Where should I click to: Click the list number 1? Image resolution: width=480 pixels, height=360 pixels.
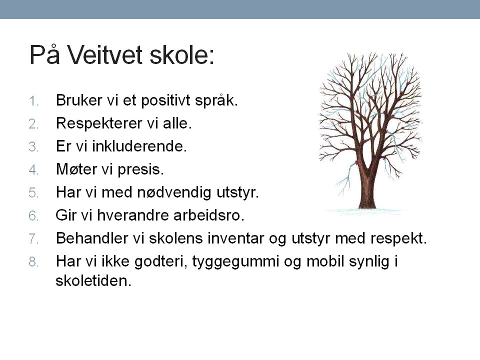[x=33, y=101]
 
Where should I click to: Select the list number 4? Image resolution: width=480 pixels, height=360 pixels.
[x=33, y=170]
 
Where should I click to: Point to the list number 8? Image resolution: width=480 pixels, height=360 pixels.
[x=33, y=262]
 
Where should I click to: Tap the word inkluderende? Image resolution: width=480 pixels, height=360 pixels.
[x=139, y=146]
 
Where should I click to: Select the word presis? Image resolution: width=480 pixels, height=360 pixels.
[x=140, y=170]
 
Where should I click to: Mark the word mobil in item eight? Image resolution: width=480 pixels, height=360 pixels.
[x=325, y=261]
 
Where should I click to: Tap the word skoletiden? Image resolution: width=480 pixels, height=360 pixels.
[x=93, y=281]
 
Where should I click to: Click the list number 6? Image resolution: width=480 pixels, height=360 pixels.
[x=33, y=216]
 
